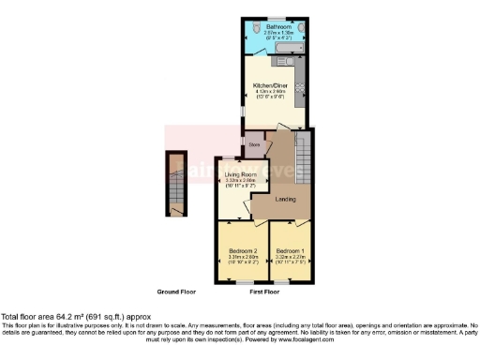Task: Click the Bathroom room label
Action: point(278,27)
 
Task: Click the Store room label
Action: point(253,145)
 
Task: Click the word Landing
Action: point(287,199)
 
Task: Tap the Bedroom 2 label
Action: point(241,251)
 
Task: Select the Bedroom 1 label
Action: point(289,251)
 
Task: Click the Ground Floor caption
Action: point(174,292)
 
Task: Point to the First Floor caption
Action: point(265,292)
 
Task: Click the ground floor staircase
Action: point(176,184)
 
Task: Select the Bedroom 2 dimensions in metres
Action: point(241,258)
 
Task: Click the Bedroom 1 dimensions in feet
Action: point(289,263)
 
